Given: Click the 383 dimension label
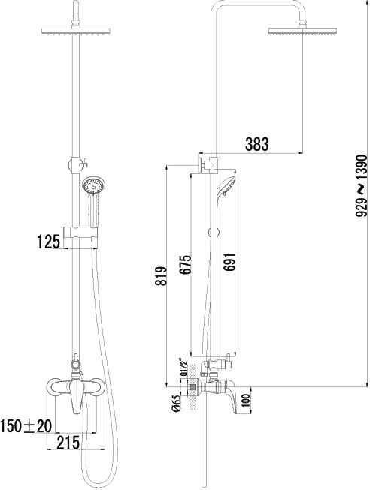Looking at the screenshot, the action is coord(257,144).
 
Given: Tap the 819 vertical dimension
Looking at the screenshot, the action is coord(162,275).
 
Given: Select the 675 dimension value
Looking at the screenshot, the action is coord(186,265).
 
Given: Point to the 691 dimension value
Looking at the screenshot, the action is coord(229,264).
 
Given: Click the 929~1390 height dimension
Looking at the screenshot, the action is coord(361,185).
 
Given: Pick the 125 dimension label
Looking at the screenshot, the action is coord(49,242).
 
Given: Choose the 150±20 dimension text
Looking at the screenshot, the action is coord(26,426).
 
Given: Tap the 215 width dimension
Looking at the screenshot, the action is coord(68,443).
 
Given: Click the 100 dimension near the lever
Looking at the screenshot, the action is coord(246,401).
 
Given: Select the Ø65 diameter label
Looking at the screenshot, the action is coord(177,403).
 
